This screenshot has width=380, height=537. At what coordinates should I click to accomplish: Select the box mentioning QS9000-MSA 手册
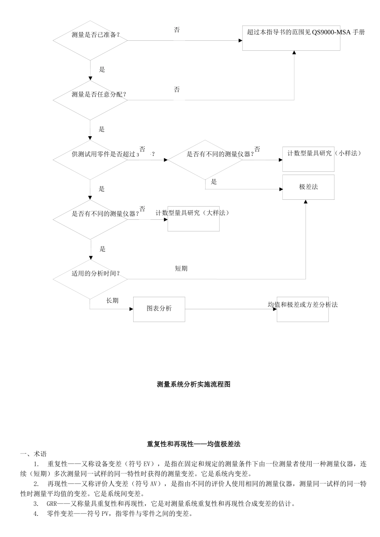291,38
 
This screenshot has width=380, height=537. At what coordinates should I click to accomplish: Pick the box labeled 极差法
308,187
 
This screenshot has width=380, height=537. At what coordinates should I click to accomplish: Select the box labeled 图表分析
159,309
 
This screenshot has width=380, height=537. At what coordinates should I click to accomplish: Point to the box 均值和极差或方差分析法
302,309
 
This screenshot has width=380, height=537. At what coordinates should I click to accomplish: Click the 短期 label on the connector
181,268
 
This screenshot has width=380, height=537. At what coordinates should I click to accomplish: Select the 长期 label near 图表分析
112,300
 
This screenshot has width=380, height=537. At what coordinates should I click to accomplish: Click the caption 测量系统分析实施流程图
194,384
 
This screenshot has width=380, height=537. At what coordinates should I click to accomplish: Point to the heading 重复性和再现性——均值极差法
194,444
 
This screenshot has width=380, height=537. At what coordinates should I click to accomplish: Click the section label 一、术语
33,454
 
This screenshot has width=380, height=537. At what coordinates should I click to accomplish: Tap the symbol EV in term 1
148,464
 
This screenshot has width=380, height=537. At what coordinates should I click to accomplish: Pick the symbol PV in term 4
105,514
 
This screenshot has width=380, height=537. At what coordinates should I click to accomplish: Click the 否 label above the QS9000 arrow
177,30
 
